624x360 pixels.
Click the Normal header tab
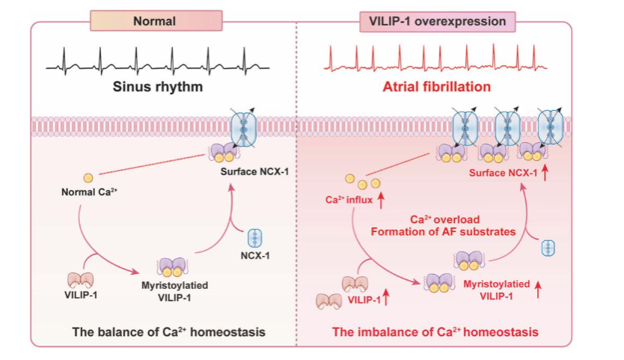pyautogui.click(x=155, y=21)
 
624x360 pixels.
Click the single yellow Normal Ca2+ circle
pyautogui.click(x=88, y=178)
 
